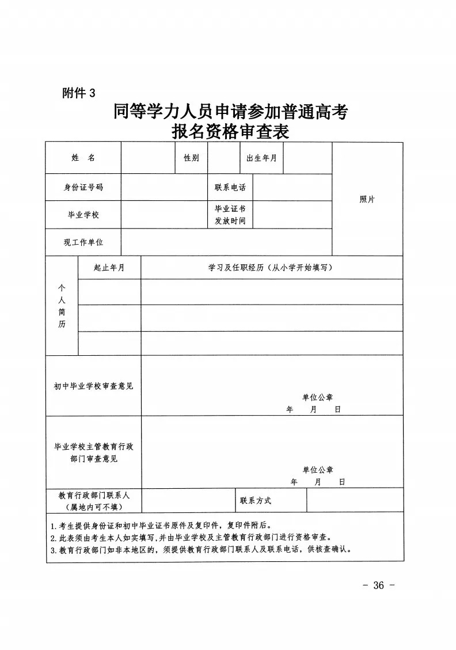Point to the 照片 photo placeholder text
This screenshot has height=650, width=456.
click(367, 199)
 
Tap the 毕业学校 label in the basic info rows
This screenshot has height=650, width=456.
click(83, 215)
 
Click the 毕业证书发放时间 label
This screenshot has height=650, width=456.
click(230, 215)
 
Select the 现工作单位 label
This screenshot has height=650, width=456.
click(83, 242)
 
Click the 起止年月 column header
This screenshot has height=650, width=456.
click(109, 268)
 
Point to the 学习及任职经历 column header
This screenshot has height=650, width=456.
click(271, 268)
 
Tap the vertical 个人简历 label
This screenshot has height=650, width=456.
click(62, 306)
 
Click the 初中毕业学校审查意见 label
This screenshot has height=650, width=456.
click(93, 386)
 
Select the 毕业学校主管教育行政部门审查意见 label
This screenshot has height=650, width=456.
click(93, 453)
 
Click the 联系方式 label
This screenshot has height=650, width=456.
click(255, 500)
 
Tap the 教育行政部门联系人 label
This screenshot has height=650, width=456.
click(93, 495)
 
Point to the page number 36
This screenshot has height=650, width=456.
click(378, 586)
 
